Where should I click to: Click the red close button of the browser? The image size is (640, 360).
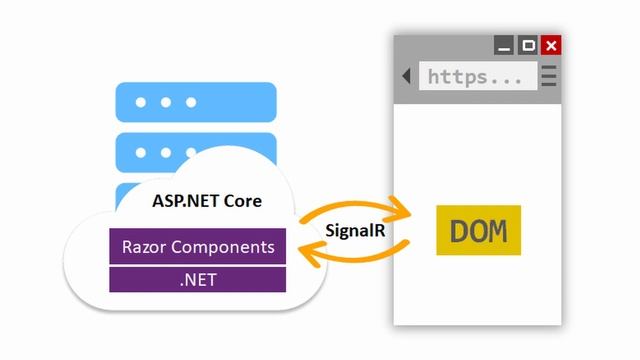pyautogui.click(x=551, y=45)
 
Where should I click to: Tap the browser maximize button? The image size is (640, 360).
pyautogui.click(x=528, y=45)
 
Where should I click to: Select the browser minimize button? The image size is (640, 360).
pyautogui.click(x=505, y=45)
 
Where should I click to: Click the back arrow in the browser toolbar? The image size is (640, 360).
pyautogui.click(x=406, y=76)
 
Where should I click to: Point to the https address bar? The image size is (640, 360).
pyautogui.click(x=475, y=76)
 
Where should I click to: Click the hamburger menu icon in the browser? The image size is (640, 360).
pyautogui.click(x=549, y=76)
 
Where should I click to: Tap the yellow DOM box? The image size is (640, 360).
pyautogui.click(x=478, y=230)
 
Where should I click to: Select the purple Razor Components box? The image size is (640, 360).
pyautogui.click(x=197, y=246)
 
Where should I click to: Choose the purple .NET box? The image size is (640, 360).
pyautogui.click(x=197, y=279)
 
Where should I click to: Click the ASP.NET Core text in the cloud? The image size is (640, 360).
pyautogui.click(x=206, y=200)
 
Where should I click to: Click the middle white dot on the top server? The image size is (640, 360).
pyautogui.click(x=167, y=102)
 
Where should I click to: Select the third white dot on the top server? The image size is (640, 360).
pyautogui.click(x=191, y=102)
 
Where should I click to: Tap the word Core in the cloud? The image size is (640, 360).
pyautogui.click(x=242, y=200)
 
